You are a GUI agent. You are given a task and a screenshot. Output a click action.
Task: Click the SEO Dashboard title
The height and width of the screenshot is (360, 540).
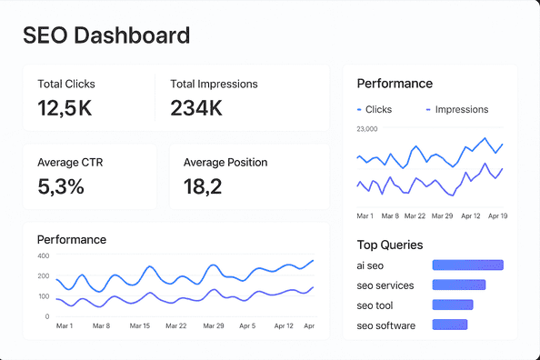pyautogui.click(x=106, y=35)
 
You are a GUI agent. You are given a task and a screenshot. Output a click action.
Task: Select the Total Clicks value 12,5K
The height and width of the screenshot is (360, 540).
pyautogui.click(x=65, y=109)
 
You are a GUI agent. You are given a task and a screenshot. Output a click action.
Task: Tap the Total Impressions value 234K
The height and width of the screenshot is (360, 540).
pyautogui.click(x=196, y=109)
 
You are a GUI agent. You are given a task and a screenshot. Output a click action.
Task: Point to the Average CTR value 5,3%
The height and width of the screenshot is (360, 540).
pyautogui.click(x=61, y=187)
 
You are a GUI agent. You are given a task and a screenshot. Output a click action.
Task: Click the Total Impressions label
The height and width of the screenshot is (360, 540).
pyautogui.click(x=214, y=84)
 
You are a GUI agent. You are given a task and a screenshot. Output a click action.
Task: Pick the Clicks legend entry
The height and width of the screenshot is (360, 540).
pyautogui.click(x=374, y=109)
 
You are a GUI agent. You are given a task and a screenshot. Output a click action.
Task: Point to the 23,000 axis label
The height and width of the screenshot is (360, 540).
pyautogui.click(x=367, y=129)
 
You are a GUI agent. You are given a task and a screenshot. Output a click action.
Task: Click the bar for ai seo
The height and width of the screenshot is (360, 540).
pyautogui.click(x=467, y=265)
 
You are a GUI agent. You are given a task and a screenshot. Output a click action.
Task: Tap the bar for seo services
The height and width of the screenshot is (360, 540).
pyautogui.click(x=458, y=285)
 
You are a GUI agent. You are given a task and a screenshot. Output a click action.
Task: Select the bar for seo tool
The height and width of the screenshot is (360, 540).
pyautogui.click(x=452, y=305)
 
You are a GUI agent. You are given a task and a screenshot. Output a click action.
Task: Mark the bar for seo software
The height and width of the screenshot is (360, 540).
pyautogui.click(x=449, y=325)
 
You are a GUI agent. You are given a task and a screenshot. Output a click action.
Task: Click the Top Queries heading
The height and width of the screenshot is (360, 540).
pyautogui.click(x=389, y=245)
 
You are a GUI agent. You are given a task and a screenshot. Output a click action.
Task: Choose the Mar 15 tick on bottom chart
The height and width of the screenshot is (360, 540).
pyautogui.click(x=139, y=325)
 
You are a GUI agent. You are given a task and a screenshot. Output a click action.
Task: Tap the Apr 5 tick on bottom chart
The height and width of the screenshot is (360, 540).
pyautogui.click(x=246, y=325)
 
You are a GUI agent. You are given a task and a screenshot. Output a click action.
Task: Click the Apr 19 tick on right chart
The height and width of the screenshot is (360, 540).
pyautogui.click(x=496, y=216)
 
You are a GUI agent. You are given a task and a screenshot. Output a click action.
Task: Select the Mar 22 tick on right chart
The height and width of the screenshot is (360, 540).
pyautogui.click(x=415, y=216)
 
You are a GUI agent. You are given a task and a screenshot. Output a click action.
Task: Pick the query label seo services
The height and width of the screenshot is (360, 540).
pyautogui.click(x=385, y=285)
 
